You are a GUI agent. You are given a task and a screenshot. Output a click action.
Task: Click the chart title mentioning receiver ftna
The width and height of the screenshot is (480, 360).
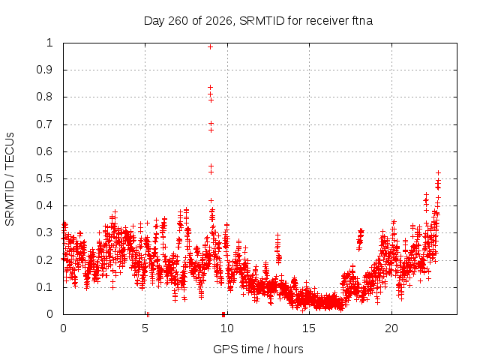coord(258,21)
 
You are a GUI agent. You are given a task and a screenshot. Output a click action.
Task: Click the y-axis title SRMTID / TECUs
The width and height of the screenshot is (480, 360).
coord(10,179)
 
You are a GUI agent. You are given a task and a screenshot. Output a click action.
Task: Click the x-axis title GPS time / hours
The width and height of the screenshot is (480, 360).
coord(258,349)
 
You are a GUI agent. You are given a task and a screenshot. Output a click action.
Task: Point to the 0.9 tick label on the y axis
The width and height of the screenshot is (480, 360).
coord(45,70)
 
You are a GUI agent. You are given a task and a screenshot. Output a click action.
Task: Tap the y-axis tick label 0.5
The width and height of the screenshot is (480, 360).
coord(45,178)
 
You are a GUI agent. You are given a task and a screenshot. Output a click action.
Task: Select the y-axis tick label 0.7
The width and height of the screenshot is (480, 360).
coord(45,124)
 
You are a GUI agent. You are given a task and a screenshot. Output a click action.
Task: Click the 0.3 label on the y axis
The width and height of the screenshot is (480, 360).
coord(45,232)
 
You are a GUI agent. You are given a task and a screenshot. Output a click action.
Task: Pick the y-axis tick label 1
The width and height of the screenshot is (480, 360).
coord(49,43)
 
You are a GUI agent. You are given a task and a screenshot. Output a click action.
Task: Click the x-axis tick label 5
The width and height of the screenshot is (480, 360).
coord(145,328)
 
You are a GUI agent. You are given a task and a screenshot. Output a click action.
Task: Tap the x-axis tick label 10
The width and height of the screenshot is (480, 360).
coord(227,328)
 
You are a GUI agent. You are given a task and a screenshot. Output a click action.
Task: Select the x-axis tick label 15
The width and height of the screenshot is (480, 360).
coord(309,328)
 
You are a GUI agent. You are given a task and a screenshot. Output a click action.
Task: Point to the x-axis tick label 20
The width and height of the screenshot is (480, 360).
coord(391,328)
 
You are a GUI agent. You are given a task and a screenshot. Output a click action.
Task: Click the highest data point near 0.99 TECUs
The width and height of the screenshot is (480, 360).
coord(210,46)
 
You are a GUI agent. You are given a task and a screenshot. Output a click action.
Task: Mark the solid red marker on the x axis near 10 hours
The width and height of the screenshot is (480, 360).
coord(223,314)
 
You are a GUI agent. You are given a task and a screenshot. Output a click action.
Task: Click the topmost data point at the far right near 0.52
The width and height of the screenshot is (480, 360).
coord(438,173)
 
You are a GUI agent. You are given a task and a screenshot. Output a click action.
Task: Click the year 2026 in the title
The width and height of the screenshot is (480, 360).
coord(220,21)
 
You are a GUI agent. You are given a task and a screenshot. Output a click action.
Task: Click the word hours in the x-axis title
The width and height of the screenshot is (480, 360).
coord(288,349)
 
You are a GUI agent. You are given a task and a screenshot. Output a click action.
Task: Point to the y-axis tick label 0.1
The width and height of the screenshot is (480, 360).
coord(45,287)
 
